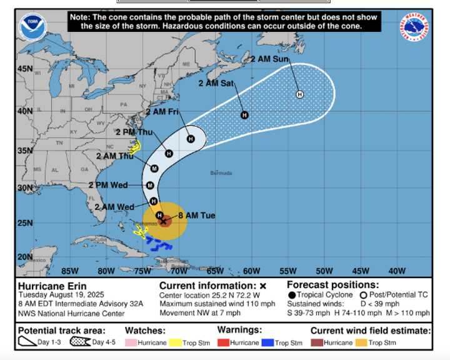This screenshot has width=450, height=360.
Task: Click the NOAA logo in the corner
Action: coord(32,27)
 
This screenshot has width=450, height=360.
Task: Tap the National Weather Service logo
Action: coord(415,27)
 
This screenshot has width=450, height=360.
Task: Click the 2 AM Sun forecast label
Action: coord(270,59)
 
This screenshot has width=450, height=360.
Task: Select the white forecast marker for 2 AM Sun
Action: coord(299,94)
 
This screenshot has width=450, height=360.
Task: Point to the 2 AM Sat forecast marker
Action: coord(244,115)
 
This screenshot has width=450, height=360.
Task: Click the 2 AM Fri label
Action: coord(162,112)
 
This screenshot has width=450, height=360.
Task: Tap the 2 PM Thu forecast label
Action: coord(134,132)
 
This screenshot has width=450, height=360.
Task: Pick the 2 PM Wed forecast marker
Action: coord(150,186)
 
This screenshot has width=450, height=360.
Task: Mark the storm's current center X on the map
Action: coord(164,221)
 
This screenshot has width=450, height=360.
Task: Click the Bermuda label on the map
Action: coord(221,173)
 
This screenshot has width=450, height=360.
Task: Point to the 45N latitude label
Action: coord(25,69)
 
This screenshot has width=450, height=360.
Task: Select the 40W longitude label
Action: coord(396,271)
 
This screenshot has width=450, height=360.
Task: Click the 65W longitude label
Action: coord(215,271)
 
